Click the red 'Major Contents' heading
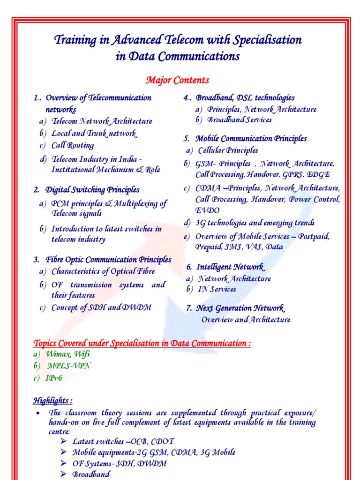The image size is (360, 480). [x=178, y=80]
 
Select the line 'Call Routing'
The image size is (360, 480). [x=73, y=145]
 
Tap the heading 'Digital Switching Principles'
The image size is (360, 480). [x=92, y=190]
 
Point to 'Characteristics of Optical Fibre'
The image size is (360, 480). [x=103, y=271]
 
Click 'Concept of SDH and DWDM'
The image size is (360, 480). [x=102, y=307]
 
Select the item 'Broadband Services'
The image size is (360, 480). [x=240, y=120]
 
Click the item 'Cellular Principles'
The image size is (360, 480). [x=228, y=150]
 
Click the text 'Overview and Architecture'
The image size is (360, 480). [x=246, y=320]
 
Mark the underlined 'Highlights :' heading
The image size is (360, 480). [x=52, y=401]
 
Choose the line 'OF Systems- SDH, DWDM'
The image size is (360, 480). [x=119, y=464]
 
